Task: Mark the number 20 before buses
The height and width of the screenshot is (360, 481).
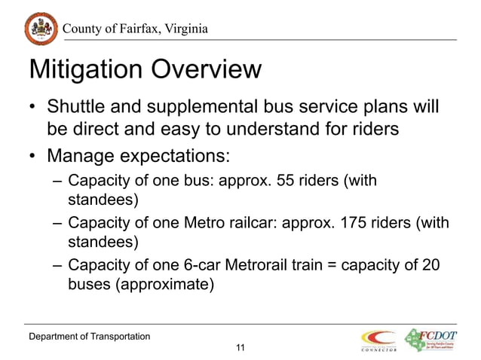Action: tap(427, 265)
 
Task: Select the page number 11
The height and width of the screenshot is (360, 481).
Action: tap(240, 347)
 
